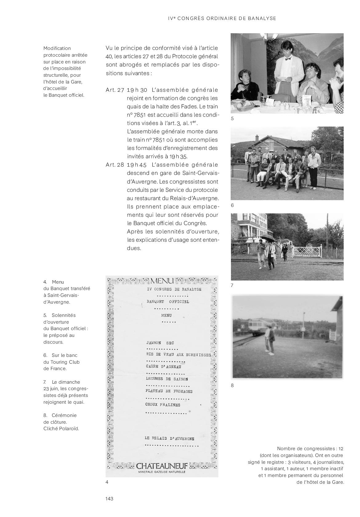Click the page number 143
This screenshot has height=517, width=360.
[x=109, y=499]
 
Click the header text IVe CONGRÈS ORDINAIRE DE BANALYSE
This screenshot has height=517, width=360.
[x=222, y=18]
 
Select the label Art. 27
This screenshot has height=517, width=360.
[x=115, y=90]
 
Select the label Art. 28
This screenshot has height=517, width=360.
[x=115, y=165]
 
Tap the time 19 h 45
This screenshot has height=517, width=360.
[x=137, y=165]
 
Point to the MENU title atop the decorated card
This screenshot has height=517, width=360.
[x=162, y=281]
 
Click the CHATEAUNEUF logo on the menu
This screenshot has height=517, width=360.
[x=162, y=466]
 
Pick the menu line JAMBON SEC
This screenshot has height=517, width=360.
[x=160, y=343]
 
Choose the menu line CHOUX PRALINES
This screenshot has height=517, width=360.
[x=163, y=405]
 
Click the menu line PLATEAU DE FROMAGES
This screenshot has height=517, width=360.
[x=169, y=391]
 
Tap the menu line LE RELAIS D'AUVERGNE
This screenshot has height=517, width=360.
[x=169, y=438]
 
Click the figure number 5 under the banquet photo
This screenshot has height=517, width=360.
[x=233, y=118]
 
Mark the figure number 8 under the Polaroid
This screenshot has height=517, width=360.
[x=233, y=385]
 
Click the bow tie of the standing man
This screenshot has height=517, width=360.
[x=288, y=59]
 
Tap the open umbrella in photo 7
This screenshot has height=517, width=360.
[x=267, y=238]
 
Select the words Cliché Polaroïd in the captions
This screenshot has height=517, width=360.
[x=61, y=428]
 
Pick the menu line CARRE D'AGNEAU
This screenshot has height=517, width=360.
[x=163, y=366]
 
